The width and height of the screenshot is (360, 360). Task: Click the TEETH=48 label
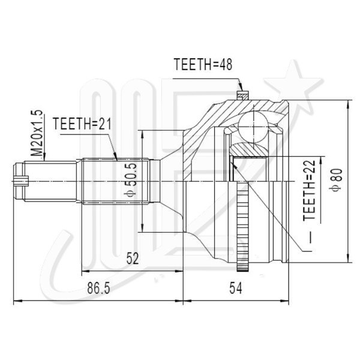tap(203, 64)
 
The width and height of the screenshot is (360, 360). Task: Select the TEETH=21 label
tap(82, 124)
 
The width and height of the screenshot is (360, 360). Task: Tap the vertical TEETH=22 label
tap(309, 190)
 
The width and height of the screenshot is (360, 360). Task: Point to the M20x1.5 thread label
tap(37, 133)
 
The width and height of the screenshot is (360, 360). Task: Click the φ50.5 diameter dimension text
tap(131, 180)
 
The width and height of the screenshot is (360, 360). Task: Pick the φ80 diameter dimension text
tap(336, 179)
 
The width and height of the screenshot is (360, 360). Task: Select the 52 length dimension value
tap(133, 258)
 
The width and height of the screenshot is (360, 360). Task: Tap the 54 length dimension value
tap(236, 289)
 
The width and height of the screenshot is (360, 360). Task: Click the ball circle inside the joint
tap(253, 127)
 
